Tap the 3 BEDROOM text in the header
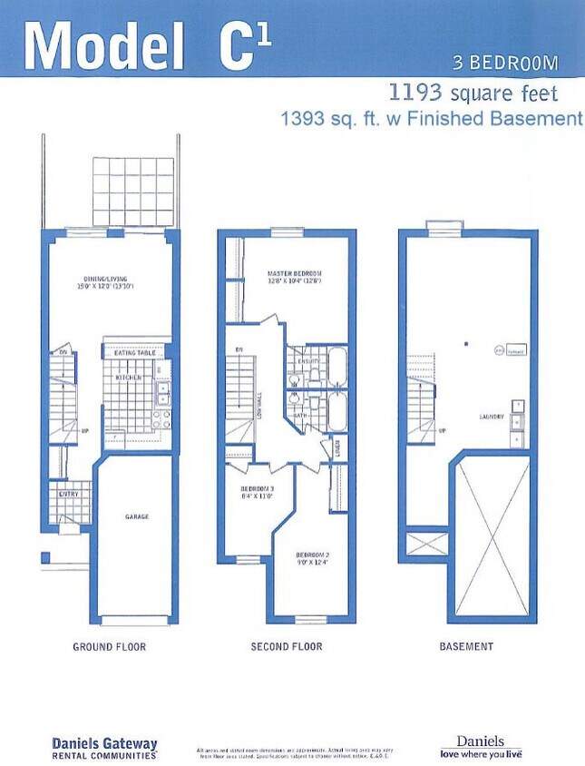(505, 63)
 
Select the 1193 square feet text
(473, 93)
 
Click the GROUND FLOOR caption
(109, 647)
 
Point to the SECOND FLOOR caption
(287, 647)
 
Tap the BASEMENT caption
(466, 647)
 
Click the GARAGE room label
(137, 517)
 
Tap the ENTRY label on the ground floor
(69, 495)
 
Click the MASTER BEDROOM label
(295, 273)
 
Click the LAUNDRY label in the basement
(492, 417)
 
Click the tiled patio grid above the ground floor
(133, 192)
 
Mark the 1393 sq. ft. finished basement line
(431, 118)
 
